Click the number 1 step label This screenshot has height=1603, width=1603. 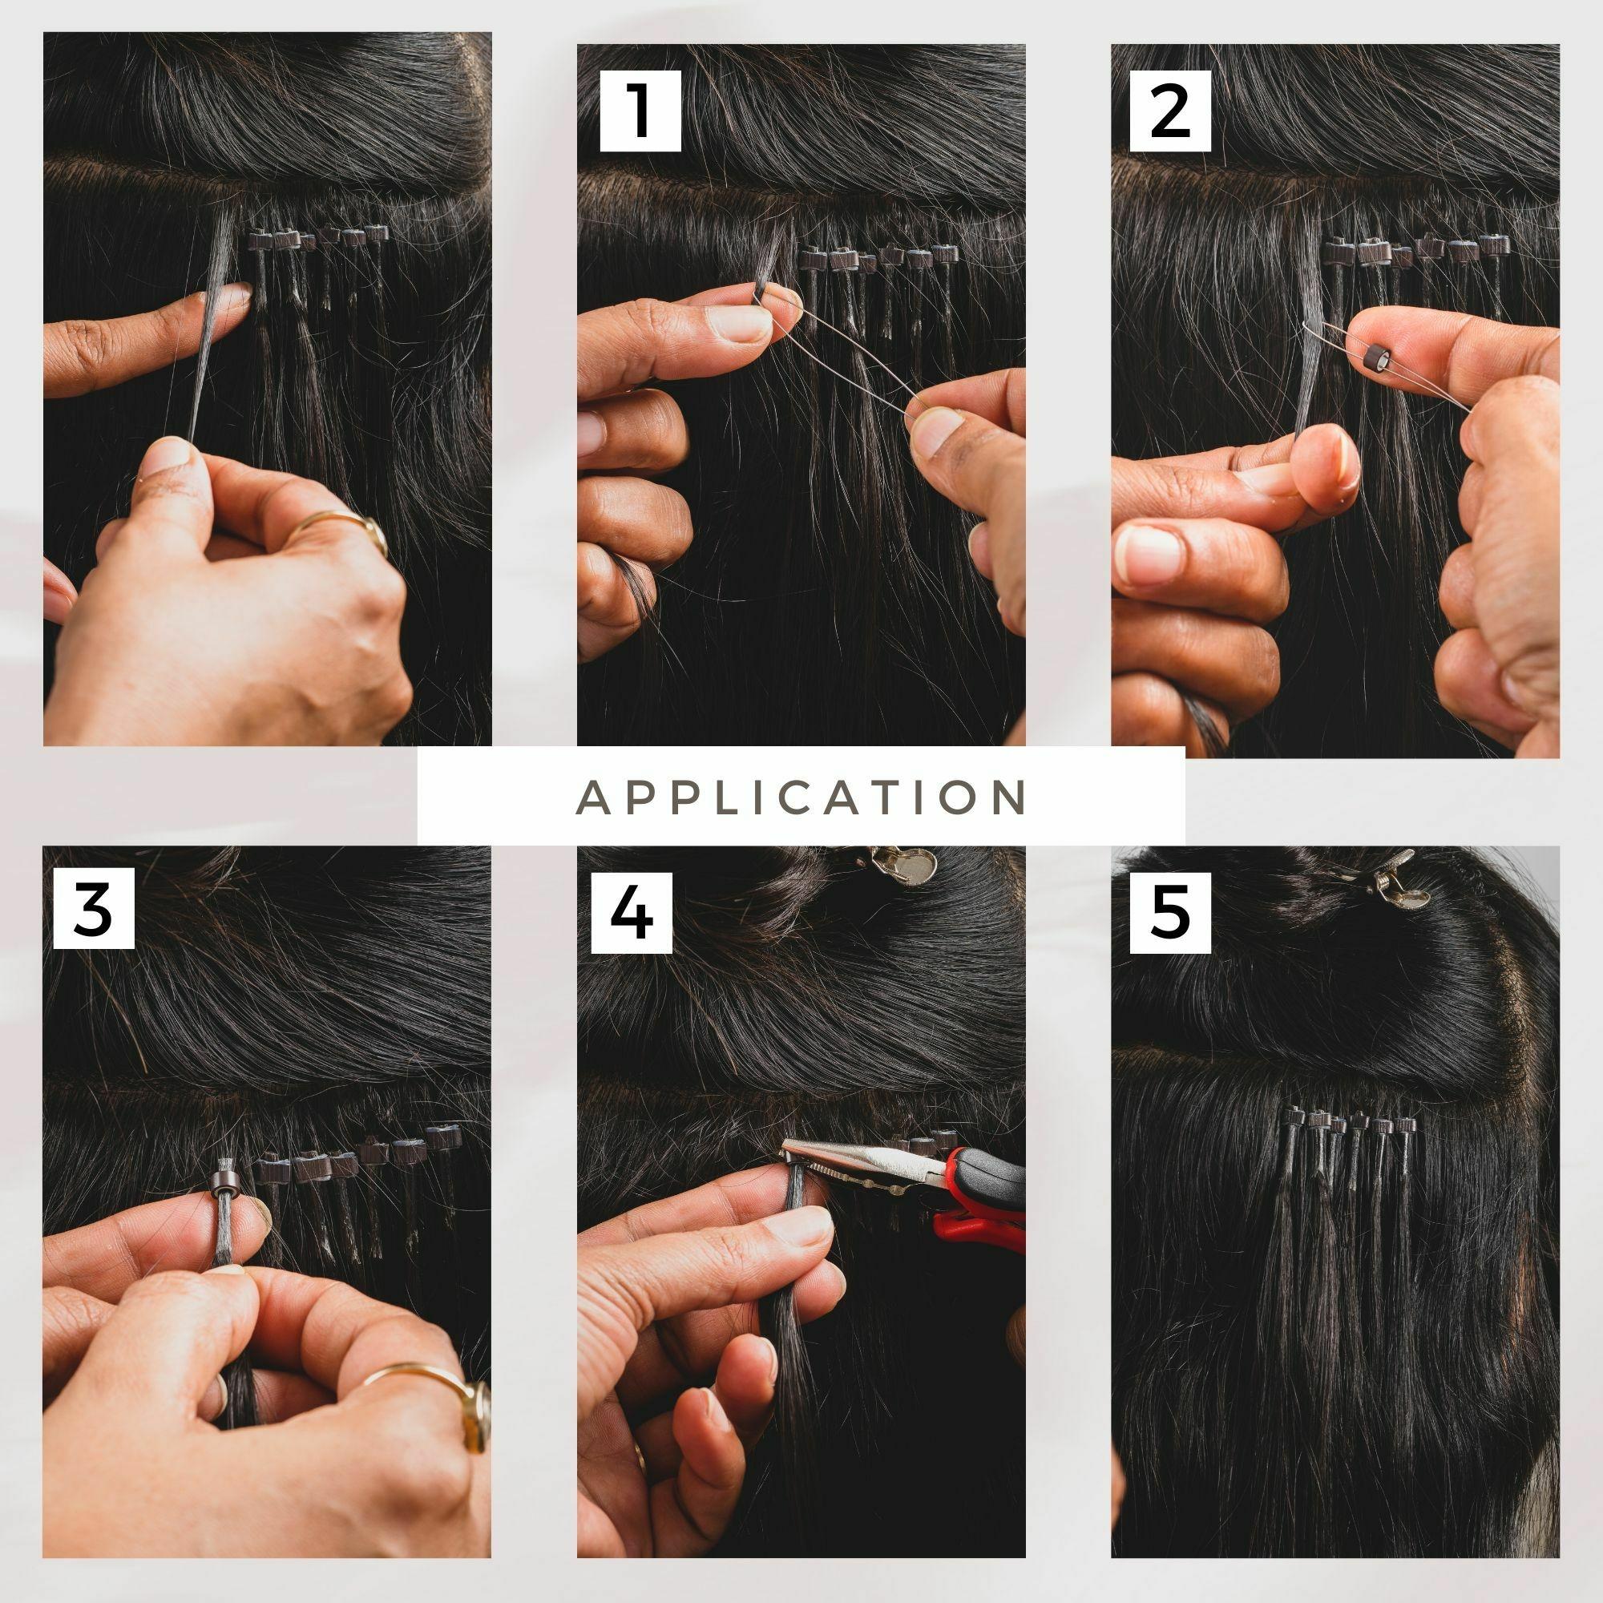click(x=640, y=111)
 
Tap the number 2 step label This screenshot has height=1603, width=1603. click(x=1170, y=111)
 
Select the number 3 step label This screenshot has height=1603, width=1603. click(x=94, y=908)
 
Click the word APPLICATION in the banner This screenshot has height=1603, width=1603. click(x=801, y=797)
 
